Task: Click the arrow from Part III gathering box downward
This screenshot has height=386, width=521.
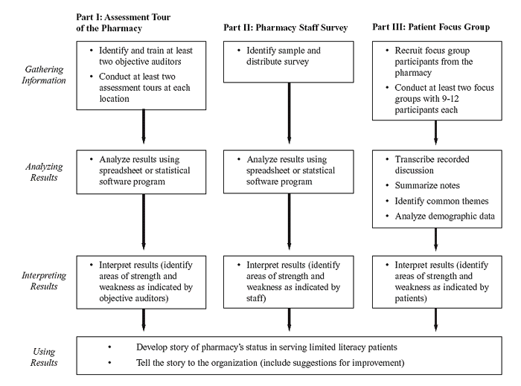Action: coord(435,132)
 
